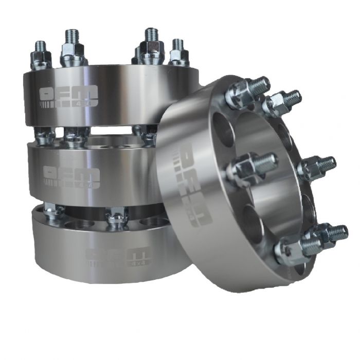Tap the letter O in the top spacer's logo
[48, 93]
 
